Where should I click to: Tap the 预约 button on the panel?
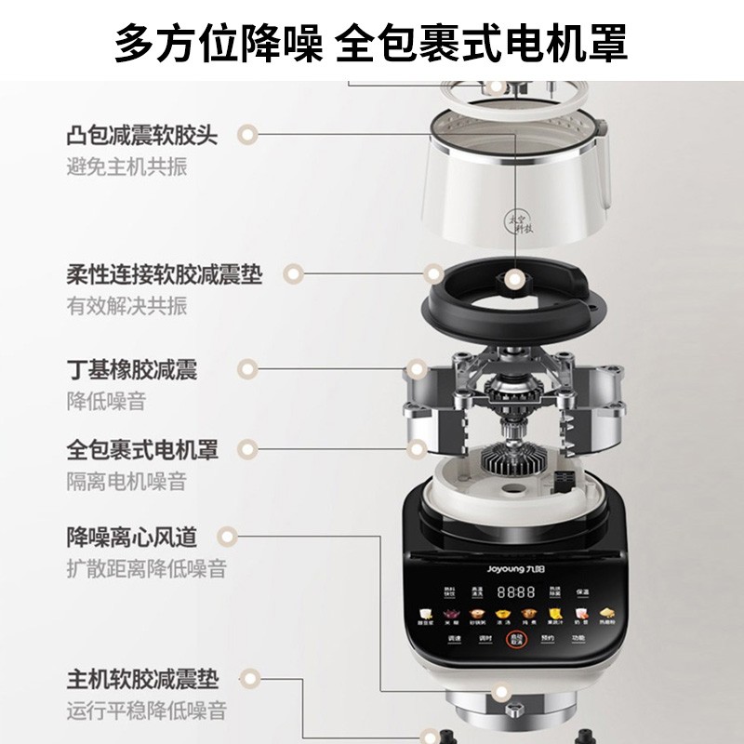click(546, 639)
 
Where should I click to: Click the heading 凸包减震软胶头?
click(142, 136)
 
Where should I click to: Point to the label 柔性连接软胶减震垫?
click(165, 275)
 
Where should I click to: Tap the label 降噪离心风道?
click(131, 537)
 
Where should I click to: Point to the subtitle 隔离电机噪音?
click(126, 481)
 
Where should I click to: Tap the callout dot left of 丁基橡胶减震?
click(246, 368)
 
